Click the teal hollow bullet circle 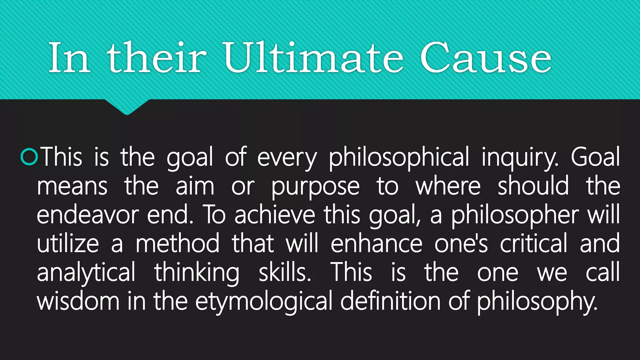(x=29, y=157)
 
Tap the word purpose (x=315, y=187)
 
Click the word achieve (x=275, y=215)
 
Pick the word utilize (x=68, y=244)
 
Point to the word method (x=177, y=244)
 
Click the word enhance (x=377, y=244)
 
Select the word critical (x=533, y=244)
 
